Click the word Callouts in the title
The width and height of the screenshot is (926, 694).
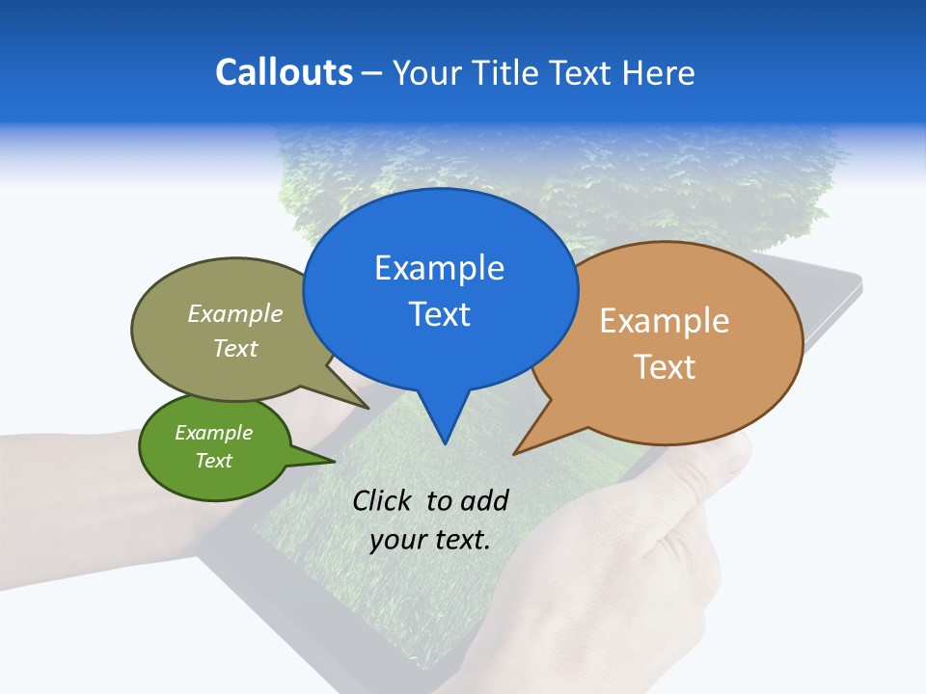284,72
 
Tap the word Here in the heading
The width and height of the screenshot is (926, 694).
659,73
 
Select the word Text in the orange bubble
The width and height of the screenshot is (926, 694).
665,366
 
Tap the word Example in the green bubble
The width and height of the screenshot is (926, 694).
213,433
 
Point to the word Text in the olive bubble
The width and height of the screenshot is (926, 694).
235,348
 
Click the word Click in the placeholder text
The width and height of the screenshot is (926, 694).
383,499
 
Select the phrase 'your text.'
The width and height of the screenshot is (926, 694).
430,539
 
